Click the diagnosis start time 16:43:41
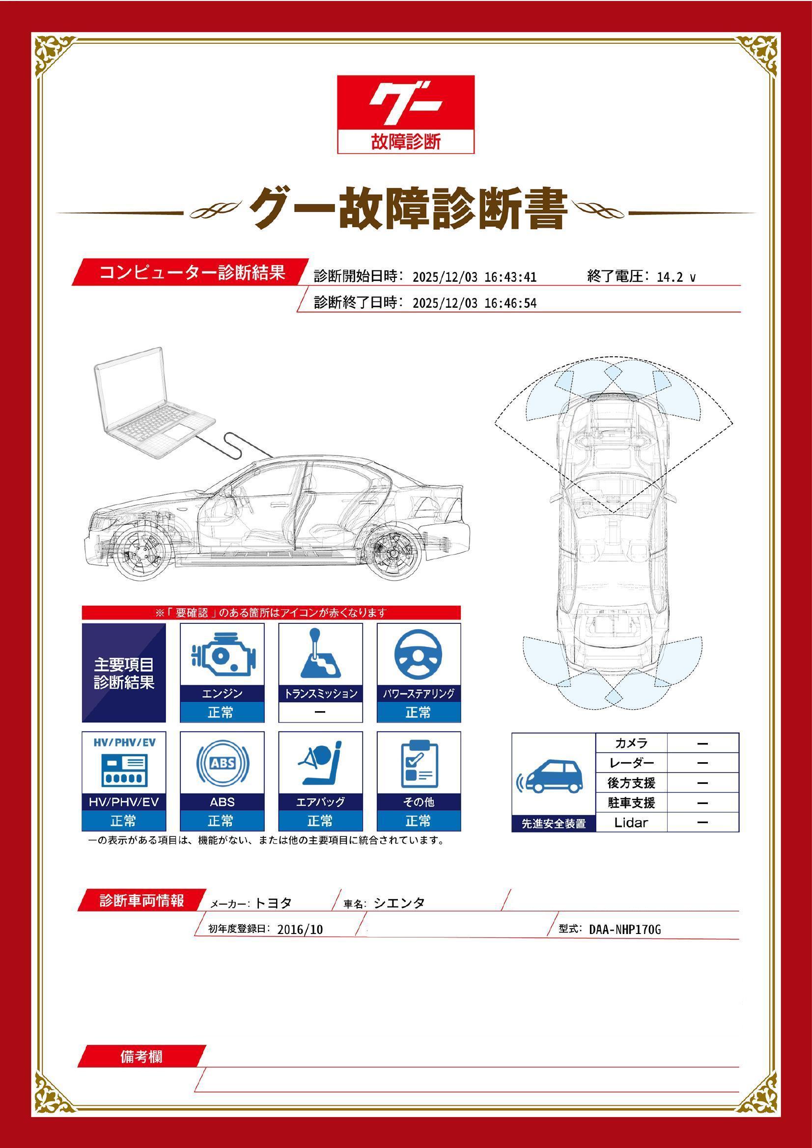[510, 277]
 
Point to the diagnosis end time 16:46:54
[510, 303]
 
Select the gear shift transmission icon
[320, 653]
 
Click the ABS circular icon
[222, 764]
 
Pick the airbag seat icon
[320, 764]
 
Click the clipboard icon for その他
[419, 764]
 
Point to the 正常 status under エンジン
[222, 712]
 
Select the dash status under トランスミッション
[320, 712]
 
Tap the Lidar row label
[631, 823]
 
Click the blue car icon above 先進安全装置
[552, 777]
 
